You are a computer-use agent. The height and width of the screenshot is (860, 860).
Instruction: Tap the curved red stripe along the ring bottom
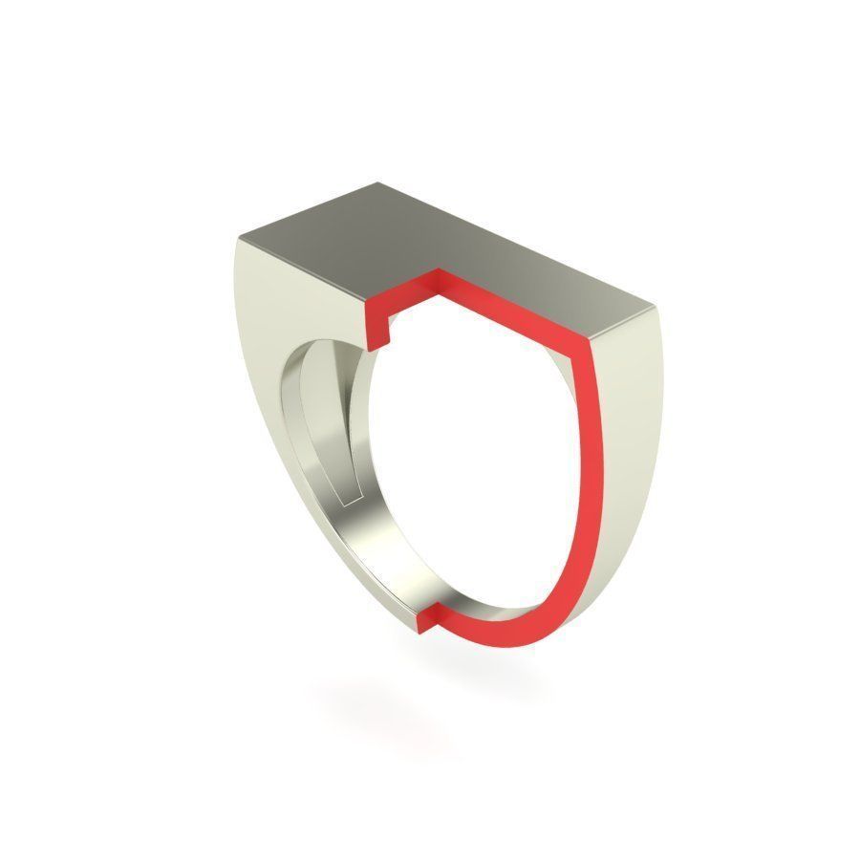[516, 630]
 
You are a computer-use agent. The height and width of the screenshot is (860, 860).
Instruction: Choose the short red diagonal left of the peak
[401, 297]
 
